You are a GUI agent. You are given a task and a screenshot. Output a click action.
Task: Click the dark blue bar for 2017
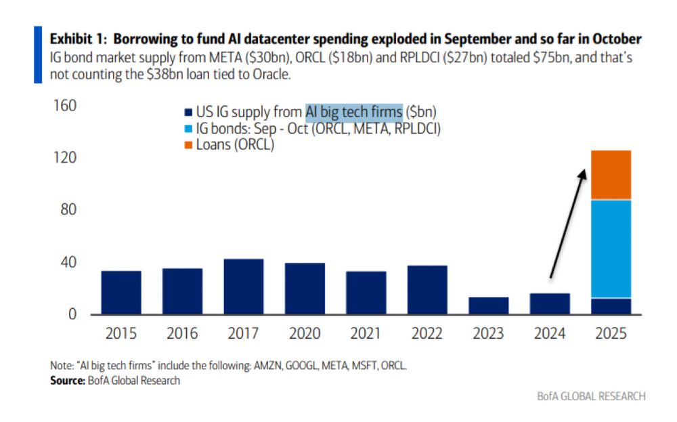click(x=243, y=287)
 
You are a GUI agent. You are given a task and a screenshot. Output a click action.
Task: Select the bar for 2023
click(x=488, y=305)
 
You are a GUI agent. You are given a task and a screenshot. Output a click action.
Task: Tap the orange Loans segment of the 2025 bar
click(x=611, y=175)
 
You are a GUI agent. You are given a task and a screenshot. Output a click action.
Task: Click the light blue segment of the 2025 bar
click(x=611, y=249)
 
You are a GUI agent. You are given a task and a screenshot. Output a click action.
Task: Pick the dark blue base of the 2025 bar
click(x=611, y=306)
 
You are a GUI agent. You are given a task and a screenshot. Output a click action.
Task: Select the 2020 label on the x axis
click(x=305, y=334)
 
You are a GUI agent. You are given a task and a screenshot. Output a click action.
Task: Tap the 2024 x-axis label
click(x=549, y=334)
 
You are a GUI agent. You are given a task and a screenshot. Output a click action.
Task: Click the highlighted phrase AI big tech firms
click(x=353, y=112)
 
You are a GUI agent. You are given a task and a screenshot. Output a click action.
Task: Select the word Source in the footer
click(x=66, y=381)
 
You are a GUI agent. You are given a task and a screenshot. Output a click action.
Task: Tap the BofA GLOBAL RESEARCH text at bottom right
click(x=591, y=396)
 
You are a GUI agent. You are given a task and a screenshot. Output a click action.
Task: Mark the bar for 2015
click(x=121, y=293)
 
